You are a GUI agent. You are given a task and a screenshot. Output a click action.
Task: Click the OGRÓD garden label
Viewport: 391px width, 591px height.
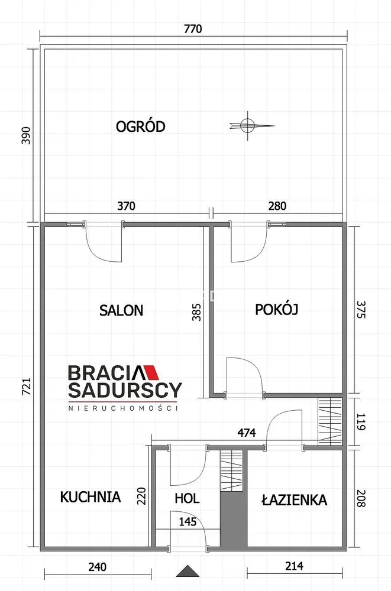[x=140, y=126]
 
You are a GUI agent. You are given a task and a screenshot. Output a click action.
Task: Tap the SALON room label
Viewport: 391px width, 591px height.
[x=121, y=310]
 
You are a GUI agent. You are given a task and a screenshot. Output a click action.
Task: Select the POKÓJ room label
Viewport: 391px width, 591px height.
[x=277, y=309]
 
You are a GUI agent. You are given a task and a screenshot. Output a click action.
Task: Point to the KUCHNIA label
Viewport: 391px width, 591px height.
[x=91, y=497]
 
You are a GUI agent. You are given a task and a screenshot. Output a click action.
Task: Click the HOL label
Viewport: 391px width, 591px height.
[x=187, y=498]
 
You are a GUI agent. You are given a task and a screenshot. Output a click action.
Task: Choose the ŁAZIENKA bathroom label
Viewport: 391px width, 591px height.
[x=294, y=500]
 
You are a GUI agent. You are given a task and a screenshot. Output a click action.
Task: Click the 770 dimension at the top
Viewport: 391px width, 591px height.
[x=193, y=29]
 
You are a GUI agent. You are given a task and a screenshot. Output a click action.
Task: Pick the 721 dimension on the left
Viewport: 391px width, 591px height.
[x=27, y=387]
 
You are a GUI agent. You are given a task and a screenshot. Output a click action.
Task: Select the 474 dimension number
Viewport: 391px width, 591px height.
[x=246, y=433]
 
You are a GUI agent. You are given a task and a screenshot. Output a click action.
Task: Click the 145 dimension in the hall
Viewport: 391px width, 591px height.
[x=188, y=522]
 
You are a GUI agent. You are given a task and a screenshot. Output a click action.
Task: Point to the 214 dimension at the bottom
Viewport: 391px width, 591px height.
[x=294, y=566]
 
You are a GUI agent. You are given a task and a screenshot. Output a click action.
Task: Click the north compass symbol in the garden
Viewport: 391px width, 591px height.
[x=249, y=126]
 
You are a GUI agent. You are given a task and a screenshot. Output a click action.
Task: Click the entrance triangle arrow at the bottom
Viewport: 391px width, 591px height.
[x=188, y=571]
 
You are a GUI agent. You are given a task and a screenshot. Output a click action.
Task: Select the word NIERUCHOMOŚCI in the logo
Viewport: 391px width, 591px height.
[x=123, y=408]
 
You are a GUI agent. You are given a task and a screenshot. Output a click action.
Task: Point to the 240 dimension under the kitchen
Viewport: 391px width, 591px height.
[x=98, y=567]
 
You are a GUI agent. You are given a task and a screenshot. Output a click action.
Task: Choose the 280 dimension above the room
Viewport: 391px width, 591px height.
[x=277, y=206]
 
